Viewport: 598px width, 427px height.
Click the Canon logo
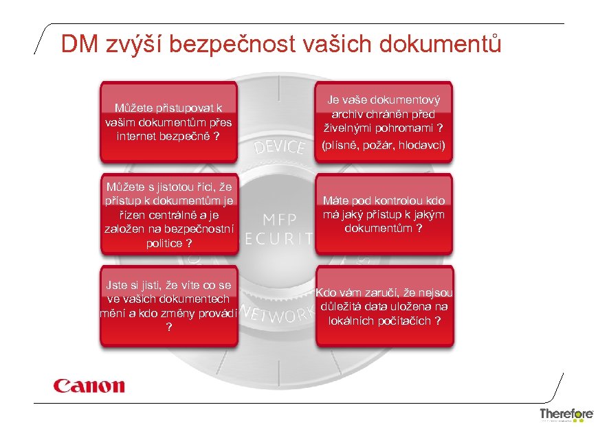tap(89, 385)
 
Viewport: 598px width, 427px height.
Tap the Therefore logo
tap(566, 414)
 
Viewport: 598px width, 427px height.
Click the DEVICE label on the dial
tap(279, 146)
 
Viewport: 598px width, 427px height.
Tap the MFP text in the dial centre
tap(279, 219)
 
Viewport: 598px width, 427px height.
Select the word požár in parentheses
tap(380, 146)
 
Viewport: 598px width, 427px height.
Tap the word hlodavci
tap(423, 146)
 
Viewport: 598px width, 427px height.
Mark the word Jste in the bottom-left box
tap(115, 284)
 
